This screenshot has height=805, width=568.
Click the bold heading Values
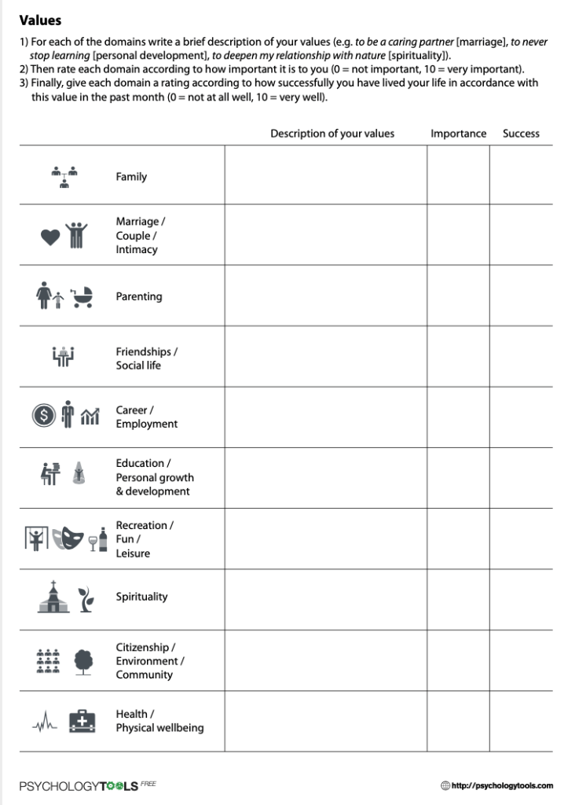point(40,20)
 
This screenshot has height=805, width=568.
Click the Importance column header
point(458,134)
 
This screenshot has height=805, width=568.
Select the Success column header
point(521,134)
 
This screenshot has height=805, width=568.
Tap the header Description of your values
point(332,134)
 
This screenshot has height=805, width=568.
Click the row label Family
point(131,177)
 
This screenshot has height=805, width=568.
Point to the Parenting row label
point(139,296)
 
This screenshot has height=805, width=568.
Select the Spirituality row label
point(141,597)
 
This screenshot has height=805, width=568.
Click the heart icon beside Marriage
point(50,237)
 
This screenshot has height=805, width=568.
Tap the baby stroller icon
point(82,296)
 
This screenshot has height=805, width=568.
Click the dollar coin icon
point(44,416)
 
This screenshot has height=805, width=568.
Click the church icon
point(53,597)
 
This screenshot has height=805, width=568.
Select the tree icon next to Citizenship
point(83,661)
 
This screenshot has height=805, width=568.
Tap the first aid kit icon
point(82,721)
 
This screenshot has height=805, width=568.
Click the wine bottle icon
point(103,539)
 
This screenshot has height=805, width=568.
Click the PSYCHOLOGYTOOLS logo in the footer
point(79,785)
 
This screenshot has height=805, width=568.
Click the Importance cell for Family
point(458,175)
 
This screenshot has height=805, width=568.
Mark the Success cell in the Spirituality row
point(521,599)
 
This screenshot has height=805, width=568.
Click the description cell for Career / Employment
point(325,417)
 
